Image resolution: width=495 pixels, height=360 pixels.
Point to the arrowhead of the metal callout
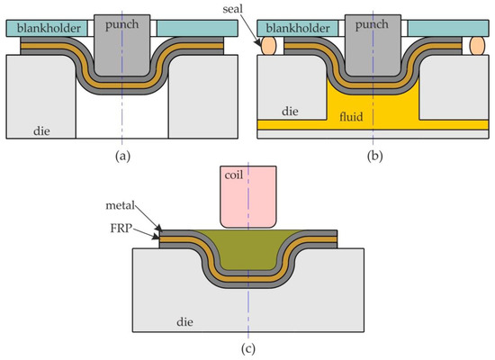[x=161, y=231]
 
